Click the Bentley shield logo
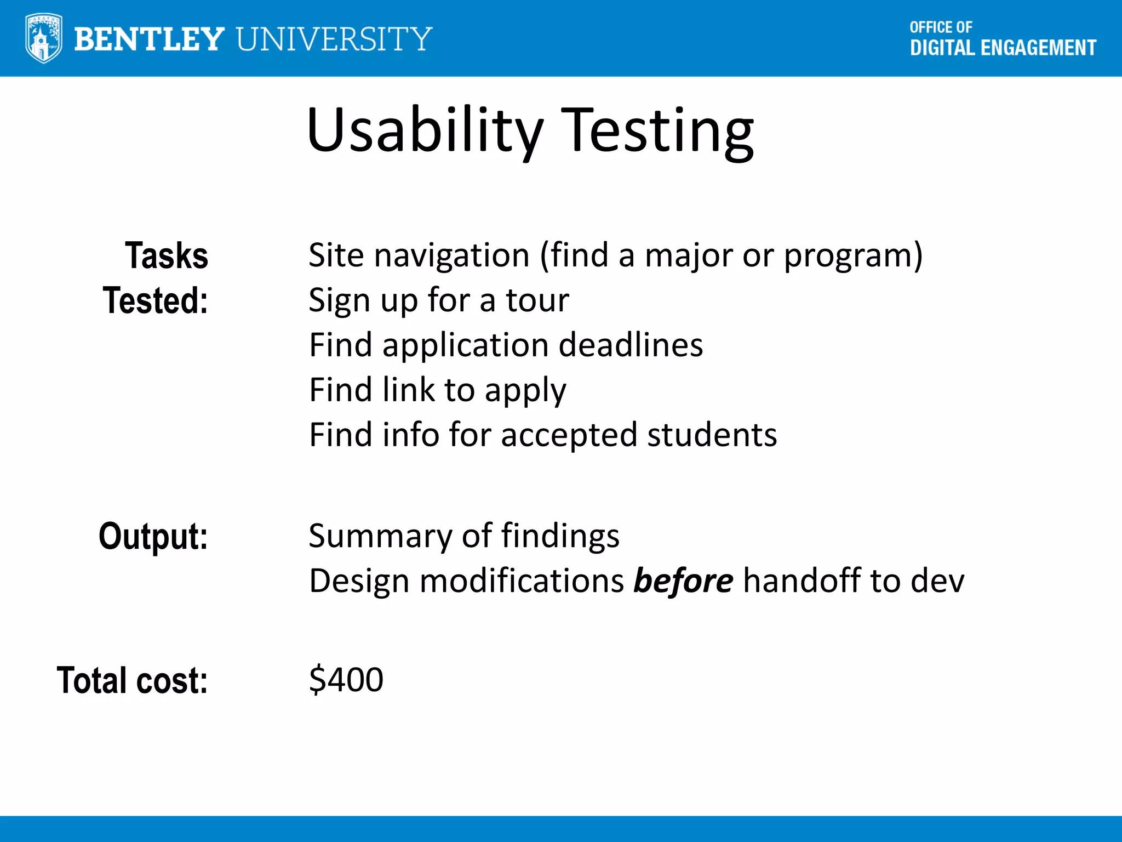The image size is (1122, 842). coord(43,38)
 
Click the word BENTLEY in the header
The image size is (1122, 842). coord(149,39)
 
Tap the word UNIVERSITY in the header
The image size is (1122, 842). coord(334,39)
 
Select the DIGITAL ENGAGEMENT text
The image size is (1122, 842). coord(1003,48)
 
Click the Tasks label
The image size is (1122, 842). coord(167,255)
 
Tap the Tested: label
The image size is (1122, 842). coord(156,300)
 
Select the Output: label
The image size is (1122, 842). coord(153,536)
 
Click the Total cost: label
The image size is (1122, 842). coord(133,680)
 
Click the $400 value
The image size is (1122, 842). coord(346,680)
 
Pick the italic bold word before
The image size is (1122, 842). coord(683,581)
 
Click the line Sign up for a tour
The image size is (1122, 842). coord(438,300)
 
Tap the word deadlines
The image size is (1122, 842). coord(631,345)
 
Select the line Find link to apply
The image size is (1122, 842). coord(437,390)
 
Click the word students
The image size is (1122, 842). coord(712,435)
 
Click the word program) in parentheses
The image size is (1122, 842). coord(853,255)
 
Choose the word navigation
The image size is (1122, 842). coord(452,255)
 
